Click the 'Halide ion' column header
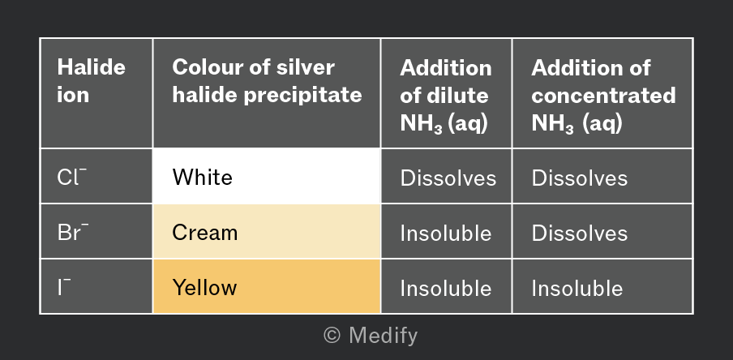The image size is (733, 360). coord(91,81)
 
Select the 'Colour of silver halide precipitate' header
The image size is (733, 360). coord(267,81)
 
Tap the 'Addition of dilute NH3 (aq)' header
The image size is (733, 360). coord(446,96)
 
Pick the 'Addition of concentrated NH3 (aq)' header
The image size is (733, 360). coord(603,96)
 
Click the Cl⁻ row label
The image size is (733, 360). coord(72,177)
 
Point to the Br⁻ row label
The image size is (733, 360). coord(72,232)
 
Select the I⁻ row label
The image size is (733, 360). coord(65,287)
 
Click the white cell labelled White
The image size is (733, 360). coord(267,176)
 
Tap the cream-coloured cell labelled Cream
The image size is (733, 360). coord(267,231)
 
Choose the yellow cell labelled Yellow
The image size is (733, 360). coord(267,286)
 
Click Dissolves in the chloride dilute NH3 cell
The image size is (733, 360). coord(448,178)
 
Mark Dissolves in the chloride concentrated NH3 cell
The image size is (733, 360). coord(579,178)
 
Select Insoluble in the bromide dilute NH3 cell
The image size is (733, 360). coord(445,233)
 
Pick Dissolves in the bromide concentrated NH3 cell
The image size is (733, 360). coord(579,233)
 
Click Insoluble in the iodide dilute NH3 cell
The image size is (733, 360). coord(445,288)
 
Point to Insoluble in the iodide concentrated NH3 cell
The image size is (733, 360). coord(577,288)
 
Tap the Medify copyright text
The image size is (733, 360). coord(371,335)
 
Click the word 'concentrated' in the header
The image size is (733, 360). coord(603,96)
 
